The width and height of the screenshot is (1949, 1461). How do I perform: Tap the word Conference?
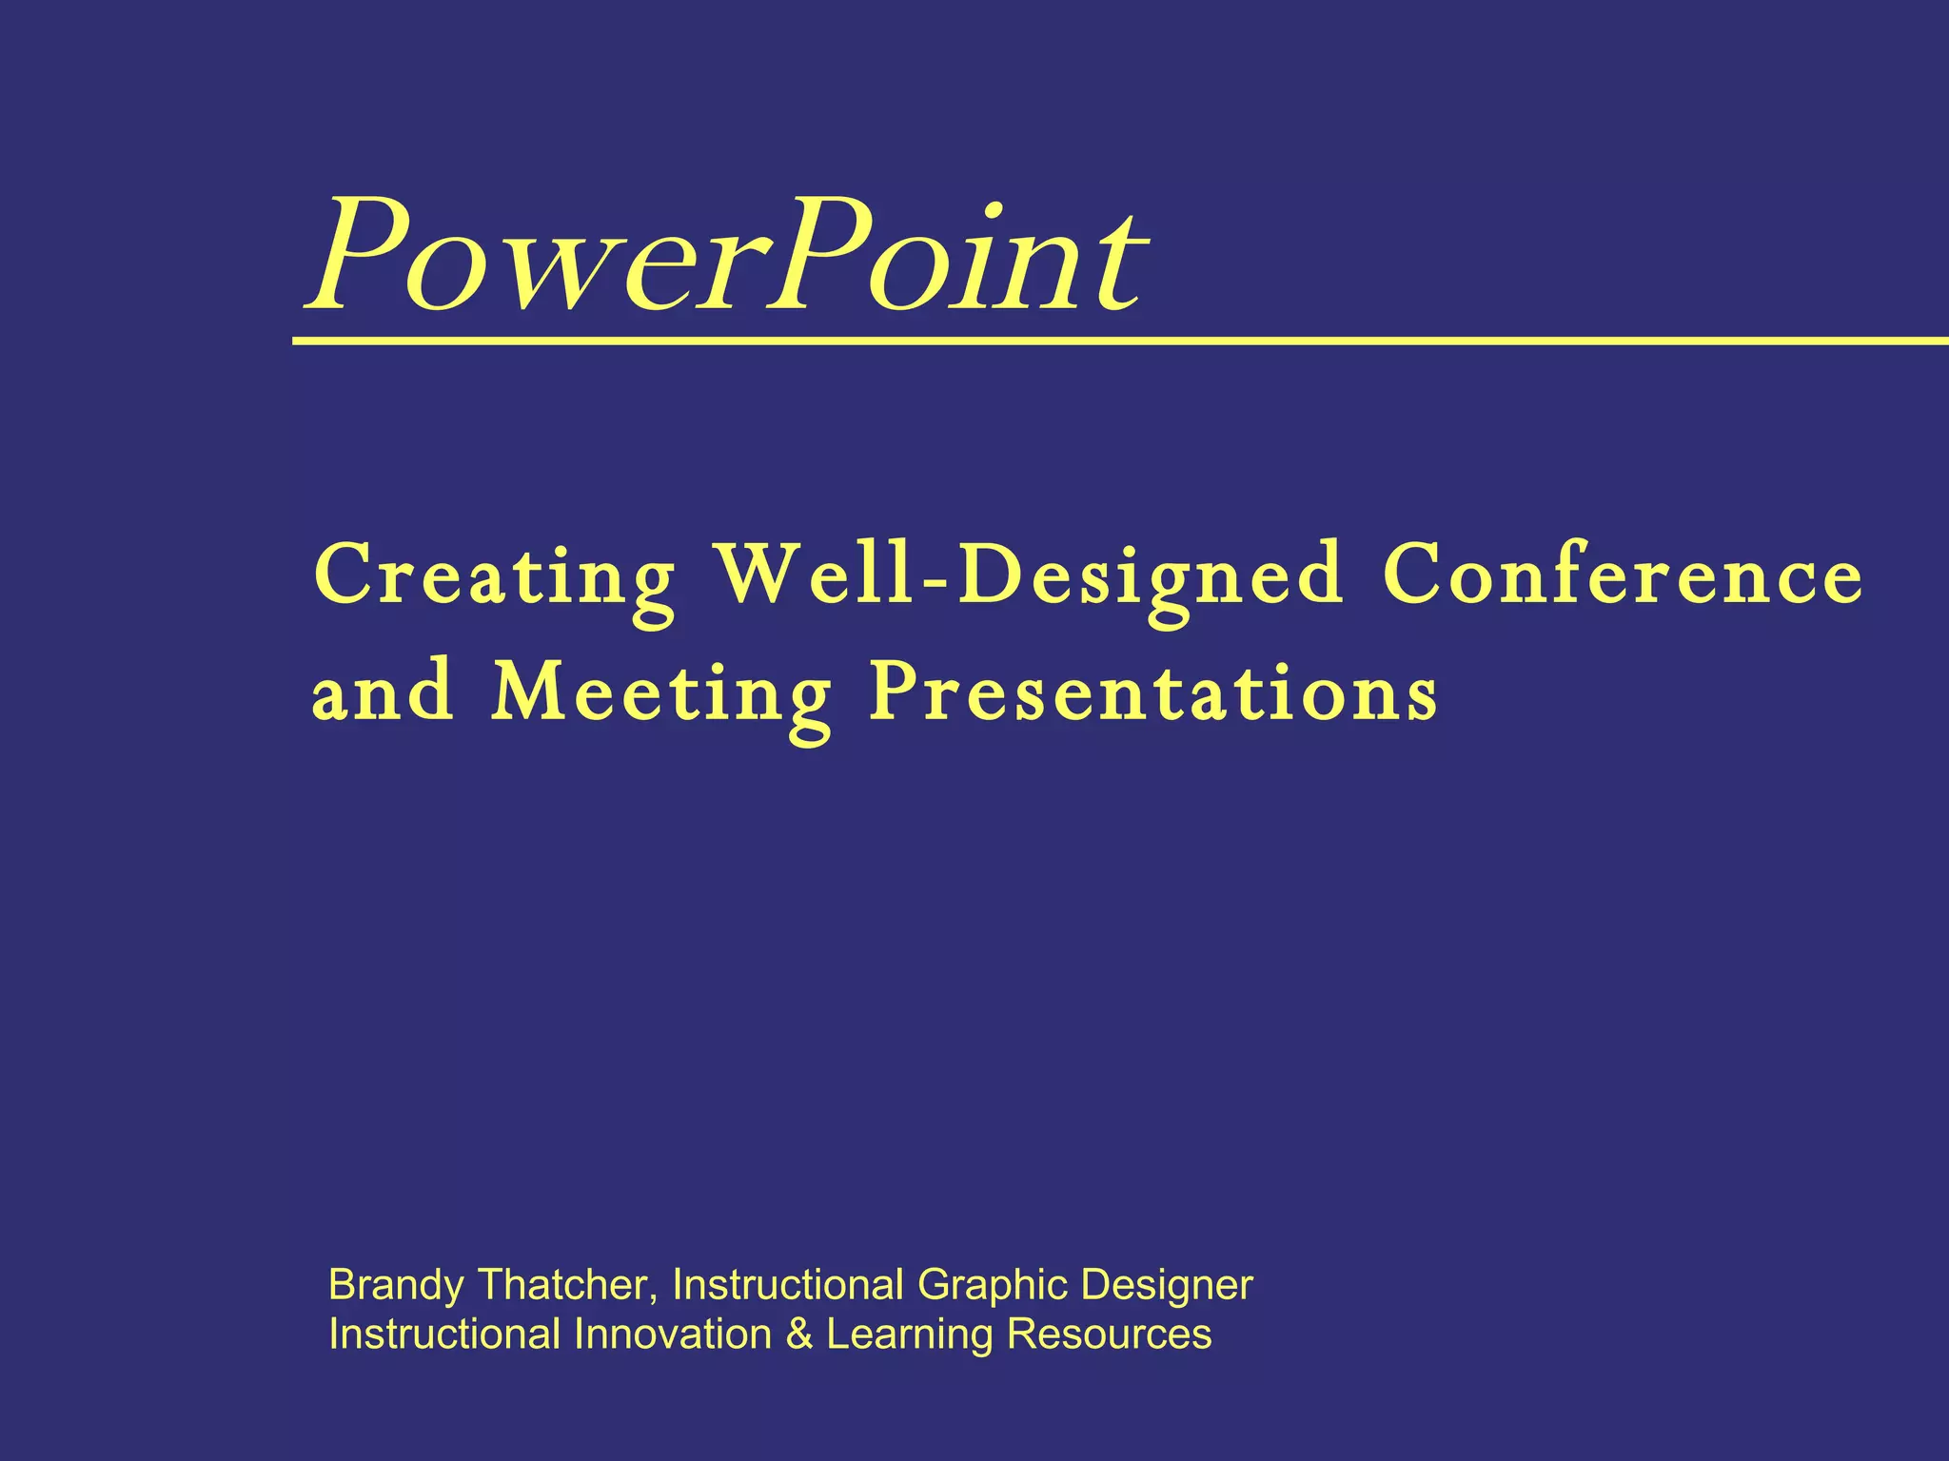tap(1622, 575)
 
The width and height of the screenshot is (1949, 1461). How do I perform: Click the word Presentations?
tap(1153, 692)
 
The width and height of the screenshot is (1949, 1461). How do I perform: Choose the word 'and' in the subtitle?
tap(383, 692)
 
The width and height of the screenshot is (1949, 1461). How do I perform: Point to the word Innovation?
tap(673, 1334)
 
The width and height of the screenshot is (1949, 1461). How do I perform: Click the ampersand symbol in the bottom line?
tap(798, 1334)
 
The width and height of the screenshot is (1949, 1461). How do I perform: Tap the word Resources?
tap(1109, 1334)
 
